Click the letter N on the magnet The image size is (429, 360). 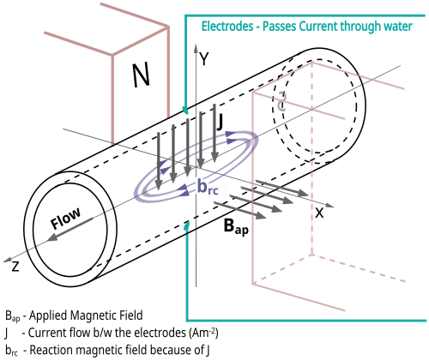tap(141, 75)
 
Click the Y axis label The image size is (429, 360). tap(204, 59)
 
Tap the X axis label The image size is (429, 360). tap(319, 213)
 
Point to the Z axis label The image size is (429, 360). tap(15, 267)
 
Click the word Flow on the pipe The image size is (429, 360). tap(65, 218)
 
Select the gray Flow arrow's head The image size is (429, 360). tap(52, 237)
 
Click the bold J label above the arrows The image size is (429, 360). tap(220, 122)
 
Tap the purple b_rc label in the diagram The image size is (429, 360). tap(208, 187)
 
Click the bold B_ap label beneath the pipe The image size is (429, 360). tap(236, 226)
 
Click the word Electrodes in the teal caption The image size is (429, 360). tap(227, 27)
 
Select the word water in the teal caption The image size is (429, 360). tap(398, 27)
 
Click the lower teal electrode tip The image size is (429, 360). tap(187, 225)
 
